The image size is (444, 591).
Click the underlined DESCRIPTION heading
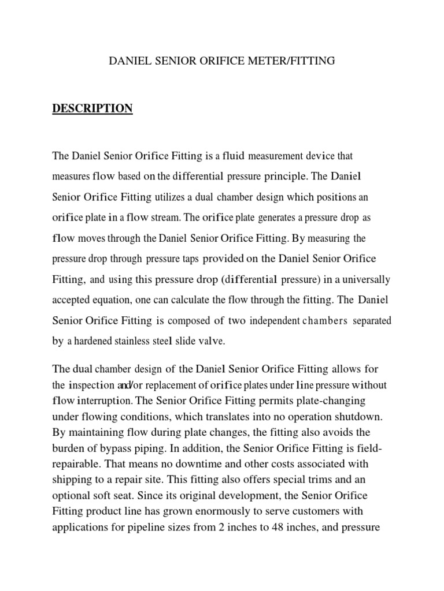pos(92,109)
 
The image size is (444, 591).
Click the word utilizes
pos(168,197)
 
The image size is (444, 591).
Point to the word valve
pos(211,342)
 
